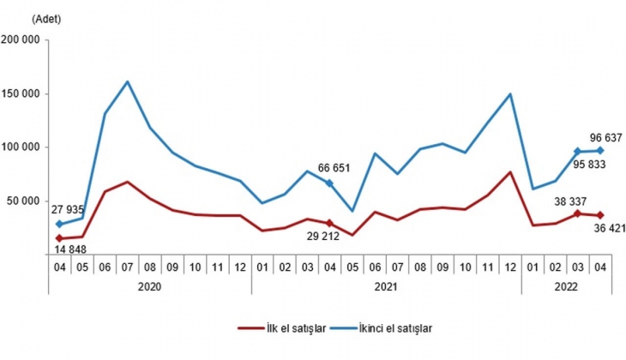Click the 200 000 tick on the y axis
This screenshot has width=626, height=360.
(x=23, y=39)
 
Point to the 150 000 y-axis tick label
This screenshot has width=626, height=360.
(x=23, y=93)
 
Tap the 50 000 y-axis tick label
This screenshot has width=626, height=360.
(x=26, y=201)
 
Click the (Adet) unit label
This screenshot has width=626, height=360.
(x=47, y=18)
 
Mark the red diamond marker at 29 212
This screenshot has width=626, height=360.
(x=329, y=223)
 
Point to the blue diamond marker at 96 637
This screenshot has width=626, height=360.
(x=600, y=150)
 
